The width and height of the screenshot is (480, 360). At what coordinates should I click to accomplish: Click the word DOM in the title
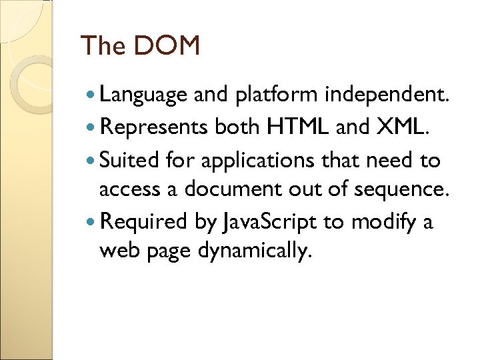(167, 46)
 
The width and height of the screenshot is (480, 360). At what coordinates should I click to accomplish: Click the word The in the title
(103, 46)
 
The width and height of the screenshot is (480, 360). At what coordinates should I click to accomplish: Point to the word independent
(387, 95)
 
